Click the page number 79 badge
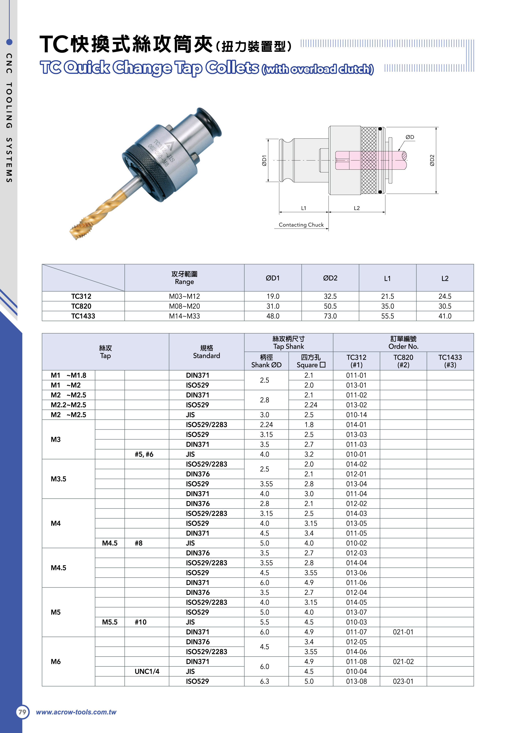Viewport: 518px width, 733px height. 22,712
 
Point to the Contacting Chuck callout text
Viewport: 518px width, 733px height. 301,225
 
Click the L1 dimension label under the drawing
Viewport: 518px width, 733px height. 303,208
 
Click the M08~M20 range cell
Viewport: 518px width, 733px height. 184,306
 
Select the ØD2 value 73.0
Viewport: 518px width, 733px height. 330,316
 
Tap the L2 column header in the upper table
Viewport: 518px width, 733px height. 445,278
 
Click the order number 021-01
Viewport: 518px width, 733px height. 403,632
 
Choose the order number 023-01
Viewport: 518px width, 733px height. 403,681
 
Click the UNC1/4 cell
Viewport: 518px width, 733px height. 147,671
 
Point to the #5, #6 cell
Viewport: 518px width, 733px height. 144,454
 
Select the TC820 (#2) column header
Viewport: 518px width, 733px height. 403,361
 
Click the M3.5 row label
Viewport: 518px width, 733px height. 58,479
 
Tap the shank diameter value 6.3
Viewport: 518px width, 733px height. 265,681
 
